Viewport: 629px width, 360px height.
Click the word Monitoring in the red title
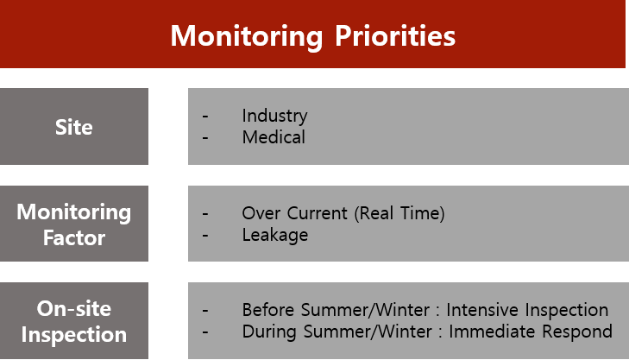246,37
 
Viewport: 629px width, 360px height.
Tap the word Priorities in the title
395,35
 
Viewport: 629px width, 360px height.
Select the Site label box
74,126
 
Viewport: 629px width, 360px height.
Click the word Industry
274,116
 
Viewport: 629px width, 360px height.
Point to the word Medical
274,137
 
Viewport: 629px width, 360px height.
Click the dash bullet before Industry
205,117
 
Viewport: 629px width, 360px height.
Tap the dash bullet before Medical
205,138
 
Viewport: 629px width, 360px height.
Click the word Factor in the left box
74,237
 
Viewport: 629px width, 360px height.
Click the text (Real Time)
399,213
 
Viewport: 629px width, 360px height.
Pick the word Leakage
275,236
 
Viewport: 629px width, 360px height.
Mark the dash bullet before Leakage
205,236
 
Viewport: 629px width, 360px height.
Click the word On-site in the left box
74,308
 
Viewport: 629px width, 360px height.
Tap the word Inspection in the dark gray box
74,335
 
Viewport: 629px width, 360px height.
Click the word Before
268,310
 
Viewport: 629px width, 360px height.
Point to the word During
269,332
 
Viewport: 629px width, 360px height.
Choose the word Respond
577,332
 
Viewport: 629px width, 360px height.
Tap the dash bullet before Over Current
205,214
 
